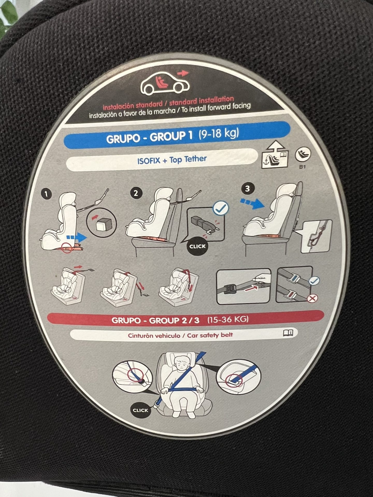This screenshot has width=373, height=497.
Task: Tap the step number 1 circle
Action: point(46,194)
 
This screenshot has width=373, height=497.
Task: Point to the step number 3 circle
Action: point(247,188)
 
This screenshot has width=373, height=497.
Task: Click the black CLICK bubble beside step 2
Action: point(197,246)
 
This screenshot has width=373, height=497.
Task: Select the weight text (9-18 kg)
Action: point(219,134)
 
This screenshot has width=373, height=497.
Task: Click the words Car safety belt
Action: point(210,335)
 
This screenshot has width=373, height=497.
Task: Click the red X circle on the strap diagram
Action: point(312,298)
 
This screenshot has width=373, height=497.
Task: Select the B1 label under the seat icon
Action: point(302,167)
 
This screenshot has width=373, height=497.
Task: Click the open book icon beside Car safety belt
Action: point(288,333)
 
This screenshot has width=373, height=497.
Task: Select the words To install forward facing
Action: point(216,108)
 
